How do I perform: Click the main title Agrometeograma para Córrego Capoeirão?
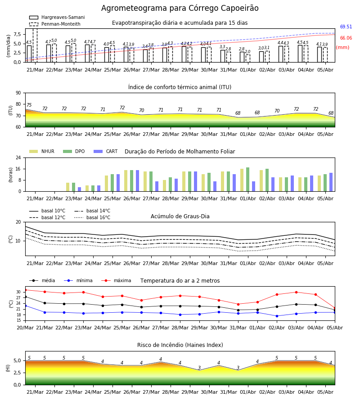click(180, 8)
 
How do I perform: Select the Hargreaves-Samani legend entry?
click(57, 17)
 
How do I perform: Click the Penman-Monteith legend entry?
click(55, 24)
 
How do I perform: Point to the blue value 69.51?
click(346, 27)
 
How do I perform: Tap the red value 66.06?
click(346, 38)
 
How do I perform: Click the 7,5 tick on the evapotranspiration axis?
click(17, 34)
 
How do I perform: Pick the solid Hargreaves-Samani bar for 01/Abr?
click(242, 57)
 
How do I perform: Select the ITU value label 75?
click(29, 105)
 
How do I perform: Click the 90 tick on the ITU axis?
click(18, 93)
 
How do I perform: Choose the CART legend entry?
click(105, 151)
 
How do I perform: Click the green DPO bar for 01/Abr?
click(247, 180)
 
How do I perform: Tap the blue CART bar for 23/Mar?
click(79, 189)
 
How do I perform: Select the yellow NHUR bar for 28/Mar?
click(165, 186)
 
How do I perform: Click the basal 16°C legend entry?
click(92, 217)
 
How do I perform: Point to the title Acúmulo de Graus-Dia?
click(180, 216)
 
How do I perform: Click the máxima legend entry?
click(116, 280)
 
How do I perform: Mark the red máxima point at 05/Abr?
click(335, 308)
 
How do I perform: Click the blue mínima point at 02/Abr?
click(277, 316)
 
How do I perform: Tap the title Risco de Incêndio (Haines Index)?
click(180, 345)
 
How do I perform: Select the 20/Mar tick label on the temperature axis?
click(25, 328)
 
